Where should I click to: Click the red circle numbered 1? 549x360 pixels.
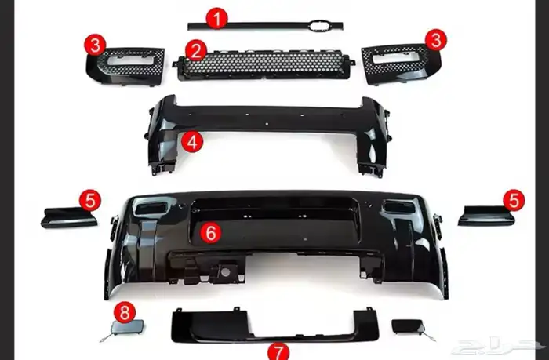click(x=217, y=19)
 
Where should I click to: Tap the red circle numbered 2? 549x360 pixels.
click(x=196, y=50)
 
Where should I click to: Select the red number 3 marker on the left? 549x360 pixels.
click(x=95, y=45)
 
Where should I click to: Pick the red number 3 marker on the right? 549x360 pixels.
click(x=436, y=40)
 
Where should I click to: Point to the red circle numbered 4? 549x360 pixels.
click(x=192, y=142)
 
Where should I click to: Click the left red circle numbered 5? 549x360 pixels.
click(x=90, y=200)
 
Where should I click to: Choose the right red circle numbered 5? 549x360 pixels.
click(x=514, y=200)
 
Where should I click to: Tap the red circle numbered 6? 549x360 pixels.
click(x=211, y=233)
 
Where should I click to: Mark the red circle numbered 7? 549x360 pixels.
click(x=278, y=351)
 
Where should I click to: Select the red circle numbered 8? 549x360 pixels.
click(x=125, y=312)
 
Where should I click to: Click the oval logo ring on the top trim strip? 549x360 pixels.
click(x=319, y=25)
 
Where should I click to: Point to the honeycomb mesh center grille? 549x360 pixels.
click(x=264, y=65)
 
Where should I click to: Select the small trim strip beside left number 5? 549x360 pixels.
click(x=69, y=218)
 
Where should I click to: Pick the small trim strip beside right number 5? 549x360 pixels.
click(x=486, y=216)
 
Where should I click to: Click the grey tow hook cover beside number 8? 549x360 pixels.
click(x=127, y=326)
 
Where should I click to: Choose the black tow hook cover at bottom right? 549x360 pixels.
click(x=407, y=326)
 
